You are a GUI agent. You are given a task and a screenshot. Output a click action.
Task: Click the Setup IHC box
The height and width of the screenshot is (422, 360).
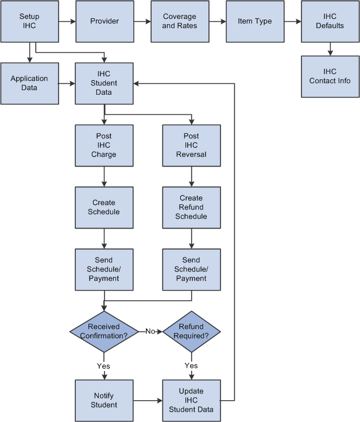29,21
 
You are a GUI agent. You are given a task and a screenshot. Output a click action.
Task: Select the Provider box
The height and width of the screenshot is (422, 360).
104,21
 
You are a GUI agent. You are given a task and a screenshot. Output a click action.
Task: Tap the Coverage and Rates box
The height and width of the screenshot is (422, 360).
179,21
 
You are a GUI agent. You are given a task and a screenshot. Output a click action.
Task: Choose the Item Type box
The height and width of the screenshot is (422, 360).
254,21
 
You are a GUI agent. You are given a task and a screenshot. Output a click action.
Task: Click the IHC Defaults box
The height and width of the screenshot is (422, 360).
330,21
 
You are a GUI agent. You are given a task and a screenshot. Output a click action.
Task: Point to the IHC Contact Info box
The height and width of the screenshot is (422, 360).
330,76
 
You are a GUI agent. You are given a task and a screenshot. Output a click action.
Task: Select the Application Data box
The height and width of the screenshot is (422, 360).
29,83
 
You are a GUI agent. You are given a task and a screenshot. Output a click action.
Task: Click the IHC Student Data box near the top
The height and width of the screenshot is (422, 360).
104,83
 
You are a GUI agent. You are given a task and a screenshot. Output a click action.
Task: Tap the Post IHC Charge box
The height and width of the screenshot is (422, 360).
104,145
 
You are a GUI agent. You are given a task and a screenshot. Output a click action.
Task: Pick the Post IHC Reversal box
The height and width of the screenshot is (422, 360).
191,145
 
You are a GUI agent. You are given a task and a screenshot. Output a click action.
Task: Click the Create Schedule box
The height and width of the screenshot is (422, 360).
104,207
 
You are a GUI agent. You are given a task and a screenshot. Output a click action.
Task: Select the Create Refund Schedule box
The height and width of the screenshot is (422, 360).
191,207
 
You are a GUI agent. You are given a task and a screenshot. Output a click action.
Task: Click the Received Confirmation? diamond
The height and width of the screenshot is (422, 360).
104,331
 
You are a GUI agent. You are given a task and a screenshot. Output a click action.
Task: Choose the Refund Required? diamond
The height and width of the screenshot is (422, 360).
191,331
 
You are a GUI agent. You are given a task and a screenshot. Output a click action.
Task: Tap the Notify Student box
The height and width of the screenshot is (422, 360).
104,400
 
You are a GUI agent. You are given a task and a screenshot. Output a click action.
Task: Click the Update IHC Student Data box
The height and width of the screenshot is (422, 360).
191,400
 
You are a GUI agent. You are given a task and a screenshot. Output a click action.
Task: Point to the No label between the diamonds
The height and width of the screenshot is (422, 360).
150,331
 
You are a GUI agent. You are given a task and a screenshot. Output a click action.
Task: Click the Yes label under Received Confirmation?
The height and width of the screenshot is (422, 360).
104,366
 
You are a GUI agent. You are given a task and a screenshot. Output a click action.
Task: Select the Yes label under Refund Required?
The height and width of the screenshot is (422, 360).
191,366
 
